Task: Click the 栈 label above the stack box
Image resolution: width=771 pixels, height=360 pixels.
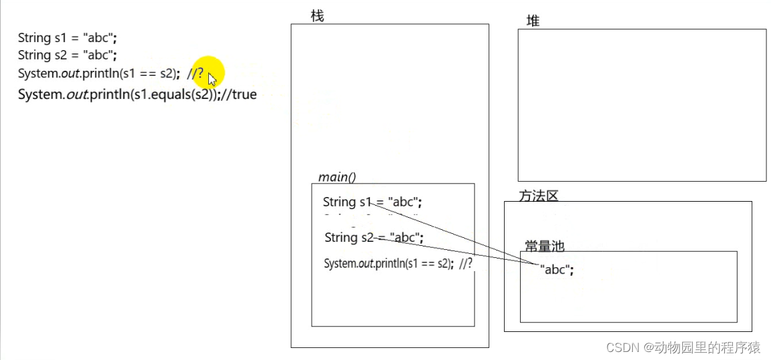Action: (317, 15)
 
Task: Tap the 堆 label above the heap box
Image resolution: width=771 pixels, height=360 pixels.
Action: (533, 21)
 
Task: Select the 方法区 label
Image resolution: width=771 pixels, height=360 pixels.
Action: (538, 196)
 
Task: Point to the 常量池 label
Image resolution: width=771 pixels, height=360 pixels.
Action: (544, 246)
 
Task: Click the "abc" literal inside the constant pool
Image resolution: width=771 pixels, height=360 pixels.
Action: (557, 270)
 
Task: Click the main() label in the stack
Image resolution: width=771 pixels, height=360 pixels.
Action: (336, 177)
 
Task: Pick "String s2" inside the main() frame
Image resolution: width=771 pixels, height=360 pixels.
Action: (348, 237)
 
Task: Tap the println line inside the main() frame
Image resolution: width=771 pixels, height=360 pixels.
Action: (387, 263)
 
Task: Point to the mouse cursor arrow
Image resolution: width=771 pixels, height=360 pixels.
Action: (212, 79)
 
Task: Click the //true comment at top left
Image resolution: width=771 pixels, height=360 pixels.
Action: (239, 94)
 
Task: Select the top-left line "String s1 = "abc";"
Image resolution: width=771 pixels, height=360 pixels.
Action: (67, 38)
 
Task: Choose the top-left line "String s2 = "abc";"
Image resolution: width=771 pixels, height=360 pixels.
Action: (67, 55)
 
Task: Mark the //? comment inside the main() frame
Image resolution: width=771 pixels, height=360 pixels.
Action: (465, 263)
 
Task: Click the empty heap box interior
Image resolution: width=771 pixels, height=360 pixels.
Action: (641, 105)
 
